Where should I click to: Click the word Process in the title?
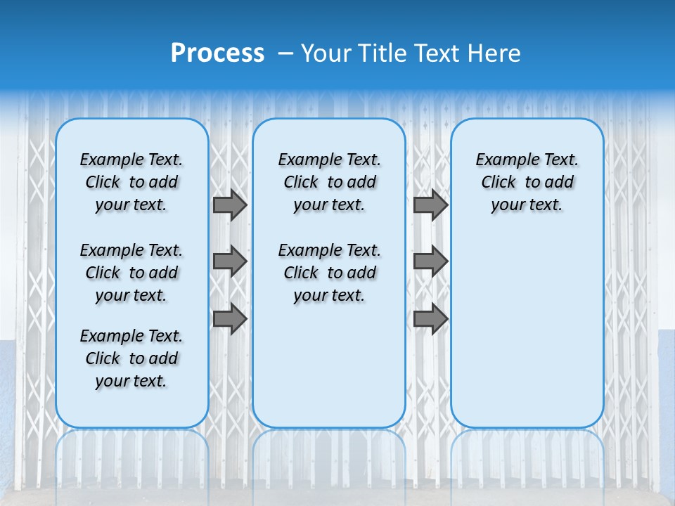point(217,53)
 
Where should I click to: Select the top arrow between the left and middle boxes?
point(229,205)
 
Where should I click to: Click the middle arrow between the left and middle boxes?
point(229,261)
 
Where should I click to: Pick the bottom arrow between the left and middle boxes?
point(229,318)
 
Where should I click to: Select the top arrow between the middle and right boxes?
point(430,205)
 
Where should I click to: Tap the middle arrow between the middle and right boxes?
point(430,261)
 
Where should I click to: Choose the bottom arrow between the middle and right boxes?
point(430,318)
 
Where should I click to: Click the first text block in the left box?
point(131,182)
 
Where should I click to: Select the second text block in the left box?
point(131,273)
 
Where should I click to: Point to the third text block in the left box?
point(131,358)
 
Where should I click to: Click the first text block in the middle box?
point(329,182)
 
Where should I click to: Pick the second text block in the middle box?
point(329,273)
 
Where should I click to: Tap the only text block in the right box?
point(527,182)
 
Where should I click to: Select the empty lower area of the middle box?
point(329,365)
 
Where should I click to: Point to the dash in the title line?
point(285,53)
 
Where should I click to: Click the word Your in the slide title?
point(326,53)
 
